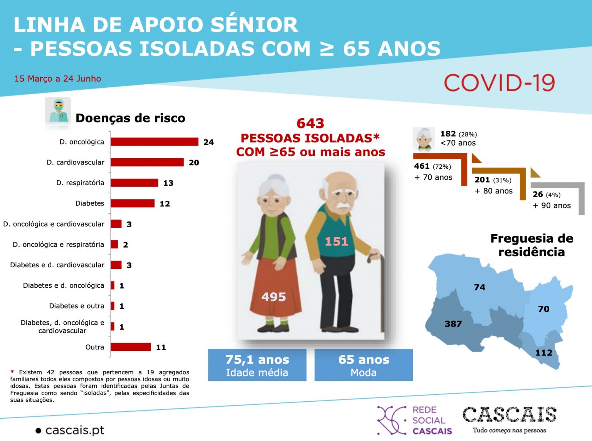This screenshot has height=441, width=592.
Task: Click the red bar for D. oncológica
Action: tap(154, 142)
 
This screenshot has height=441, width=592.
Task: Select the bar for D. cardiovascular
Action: tap(147, 162)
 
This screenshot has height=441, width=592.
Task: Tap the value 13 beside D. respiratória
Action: tap(168, 183)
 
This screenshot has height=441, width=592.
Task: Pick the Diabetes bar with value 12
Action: tap(133, 203)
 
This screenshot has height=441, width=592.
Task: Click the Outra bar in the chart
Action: tap(131, 347)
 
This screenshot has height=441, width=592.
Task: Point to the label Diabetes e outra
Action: tap(77, 306)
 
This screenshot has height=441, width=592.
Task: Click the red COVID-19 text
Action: tap(499, 83)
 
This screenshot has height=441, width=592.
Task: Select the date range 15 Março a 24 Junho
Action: tap(58, 79)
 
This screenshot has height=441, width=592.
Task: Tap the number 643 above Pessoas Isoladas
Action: tap(310, 123)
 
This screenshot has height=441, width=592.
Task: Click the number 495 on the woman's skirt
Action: tap(274, 297)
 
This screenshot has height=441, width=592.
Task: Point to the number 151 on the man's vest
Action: tap(336, 241)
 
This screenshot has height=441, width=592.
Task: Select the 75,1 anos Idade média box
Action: tap(257, 365)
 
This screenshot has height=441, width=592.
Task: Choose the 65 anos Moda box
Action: tap(363, 365)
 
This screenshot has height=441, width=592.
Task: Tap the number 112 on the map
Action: tap(544, 353)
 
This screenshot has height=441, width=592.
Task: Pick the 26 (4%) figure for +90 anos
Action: tap(547, 195)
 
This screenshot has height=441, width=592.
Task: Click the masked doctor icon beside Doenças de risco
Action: tap(58, 111)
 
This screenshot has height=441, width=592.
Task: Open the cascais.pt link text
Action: tap(75, 430)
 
